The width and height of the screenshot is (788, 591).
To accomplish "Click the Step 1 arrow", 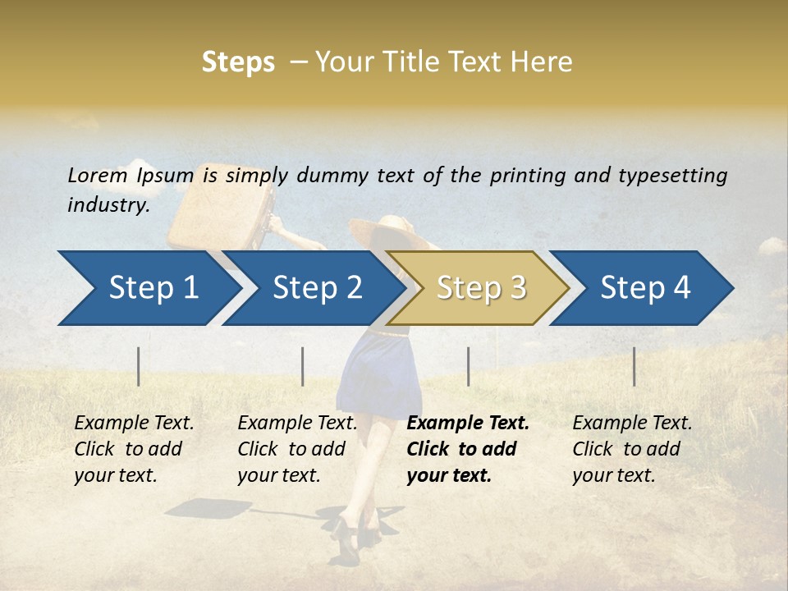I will (x=148, y=288).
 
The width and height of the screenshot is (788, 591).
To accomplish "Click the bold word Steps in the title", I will (x=238, y=62).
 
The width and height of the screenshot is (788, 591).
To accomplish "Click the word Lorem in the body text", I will (x=97, y=175).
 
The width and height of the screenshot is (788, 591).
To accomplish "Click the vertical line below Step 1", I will (x=139, y=366).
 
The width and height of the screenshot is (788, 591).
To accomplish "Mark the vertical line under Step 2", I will (x=303, y=366).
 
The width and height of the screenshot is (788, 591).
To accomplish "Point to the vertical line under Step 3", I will (x=468, y=366).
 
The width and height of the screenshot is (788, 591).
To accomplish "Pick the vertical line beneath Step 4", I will (x=634, y=366).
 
